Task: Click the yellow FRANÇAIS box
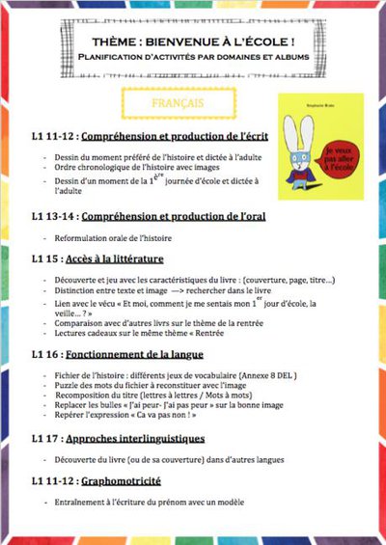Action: click(x=179, y=100)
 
